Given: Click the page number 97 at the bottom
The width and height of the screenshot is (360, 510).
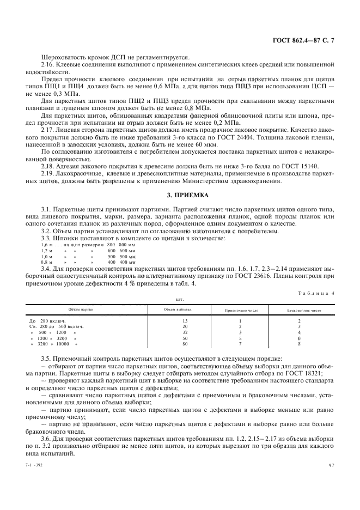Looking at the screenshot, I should [332, 465].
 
